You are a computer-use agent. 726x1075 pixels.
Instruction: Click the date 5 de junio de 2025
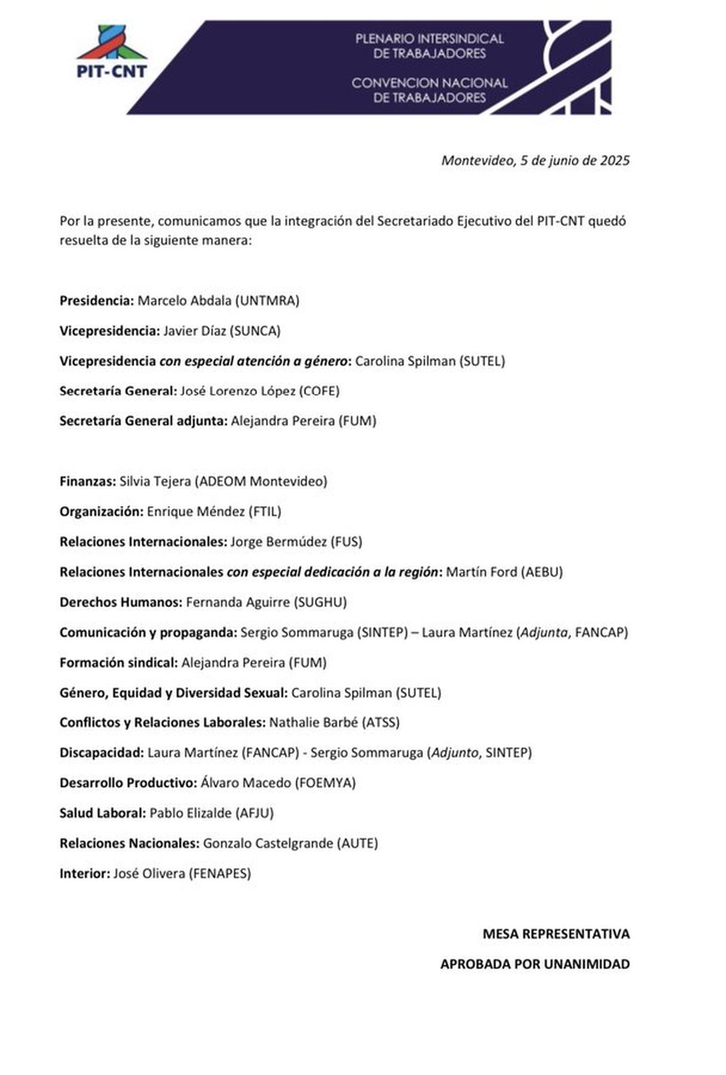pos(575,160)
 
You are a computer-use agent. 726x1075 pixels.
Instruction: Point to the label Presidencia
pos(96,301)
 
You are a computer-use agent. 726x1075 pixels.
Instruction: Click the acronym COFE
pos(319,391)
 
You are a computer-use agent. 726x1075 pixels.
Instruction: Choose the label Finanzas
pos(87,481)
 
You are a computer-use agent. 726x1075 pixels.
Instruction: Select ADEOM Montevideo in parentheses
pos(261,481)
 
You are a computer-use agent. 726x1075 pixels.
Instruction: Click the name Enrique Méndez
pos(195,511)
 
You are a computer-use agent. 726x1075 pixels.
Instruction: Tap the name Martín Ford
pos(481,572)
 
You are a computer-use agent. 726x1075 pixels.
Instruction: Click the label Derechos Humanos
pos(120,602)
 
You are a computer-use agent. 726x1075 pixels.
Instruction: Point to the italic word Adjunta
pos(544,633)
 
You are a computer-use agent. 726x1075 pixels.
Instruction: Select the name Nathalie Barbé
pos(313,723)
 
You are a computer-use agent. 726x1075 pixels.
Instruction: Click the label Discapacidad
pos(101,753)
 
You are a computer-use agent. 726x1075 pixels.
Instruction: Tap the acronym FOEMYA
pos(325,783)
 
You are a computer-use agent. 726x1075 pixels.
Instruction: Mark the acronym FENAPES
pos(220,873)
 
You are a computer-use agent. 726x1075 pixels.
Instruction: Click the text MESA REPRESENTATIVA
pos(555,934)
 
